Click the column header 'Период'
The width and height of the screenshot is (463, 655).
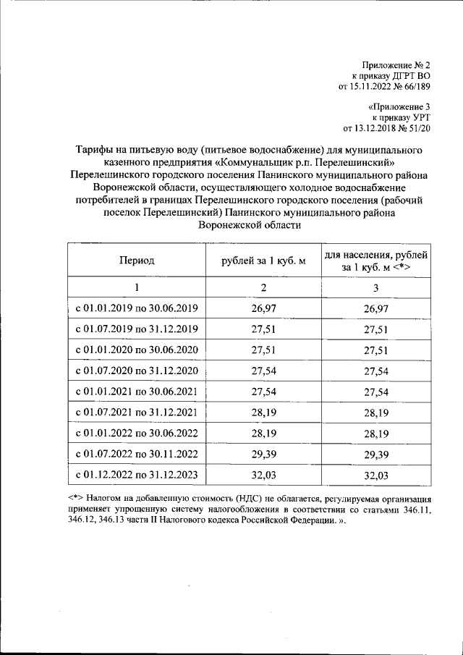pos(137,261)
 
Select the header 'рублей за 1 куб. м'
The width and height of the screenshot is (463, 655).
pos(263,261)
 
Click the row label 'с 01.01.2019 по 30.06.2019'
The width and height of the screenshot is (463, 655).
pos(137,309)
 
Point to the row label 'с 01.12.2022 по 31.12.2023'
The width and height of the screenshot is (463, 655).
pos(137,476)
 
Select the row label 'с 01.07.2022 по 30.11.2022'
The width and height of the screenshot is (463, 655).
pos(137,455)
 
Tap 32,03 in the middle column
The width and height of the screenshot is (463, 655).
pos(263,476)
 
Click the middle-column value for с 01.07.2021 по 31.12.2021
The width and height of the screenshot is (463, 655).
pos(263,413)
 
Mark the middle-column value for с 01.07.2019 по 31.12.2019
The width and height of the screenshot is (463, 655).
pos(263,330)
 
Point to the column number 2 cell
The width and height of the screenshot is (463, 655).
pos(263,288)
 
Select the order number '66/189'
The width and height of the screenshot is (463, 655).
pos(415,87)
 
